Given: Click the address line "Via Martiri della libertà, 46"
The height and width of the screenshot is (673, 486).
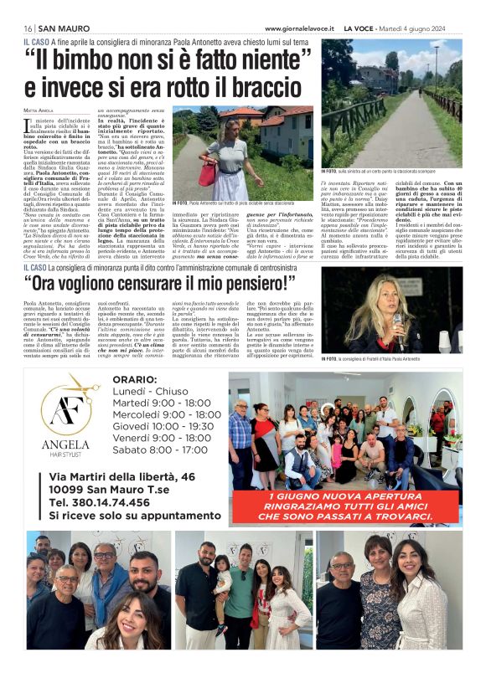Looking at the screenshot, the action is [x=133, y=475].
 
